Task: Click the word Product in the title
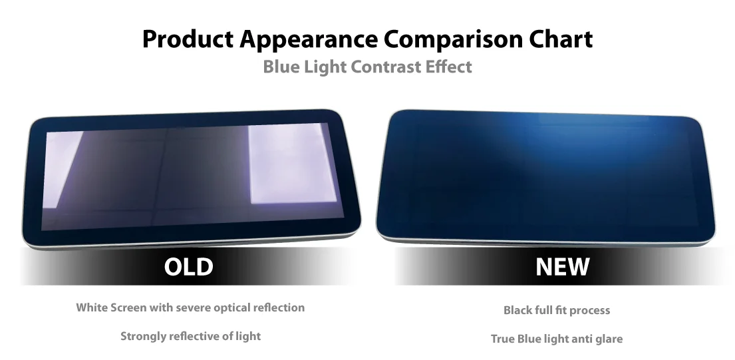[x=188, y=39]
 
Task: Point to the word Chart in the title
[x=561, y=39]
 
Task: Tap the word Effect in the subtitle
[x=448, y=67]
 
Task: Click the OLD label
[x=188, y=267]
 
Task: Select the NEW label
[x=562, y=267]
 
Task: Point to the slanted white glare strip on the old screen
[x=63, y=169]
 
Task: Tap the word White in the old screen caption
[x=92, y=307]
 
